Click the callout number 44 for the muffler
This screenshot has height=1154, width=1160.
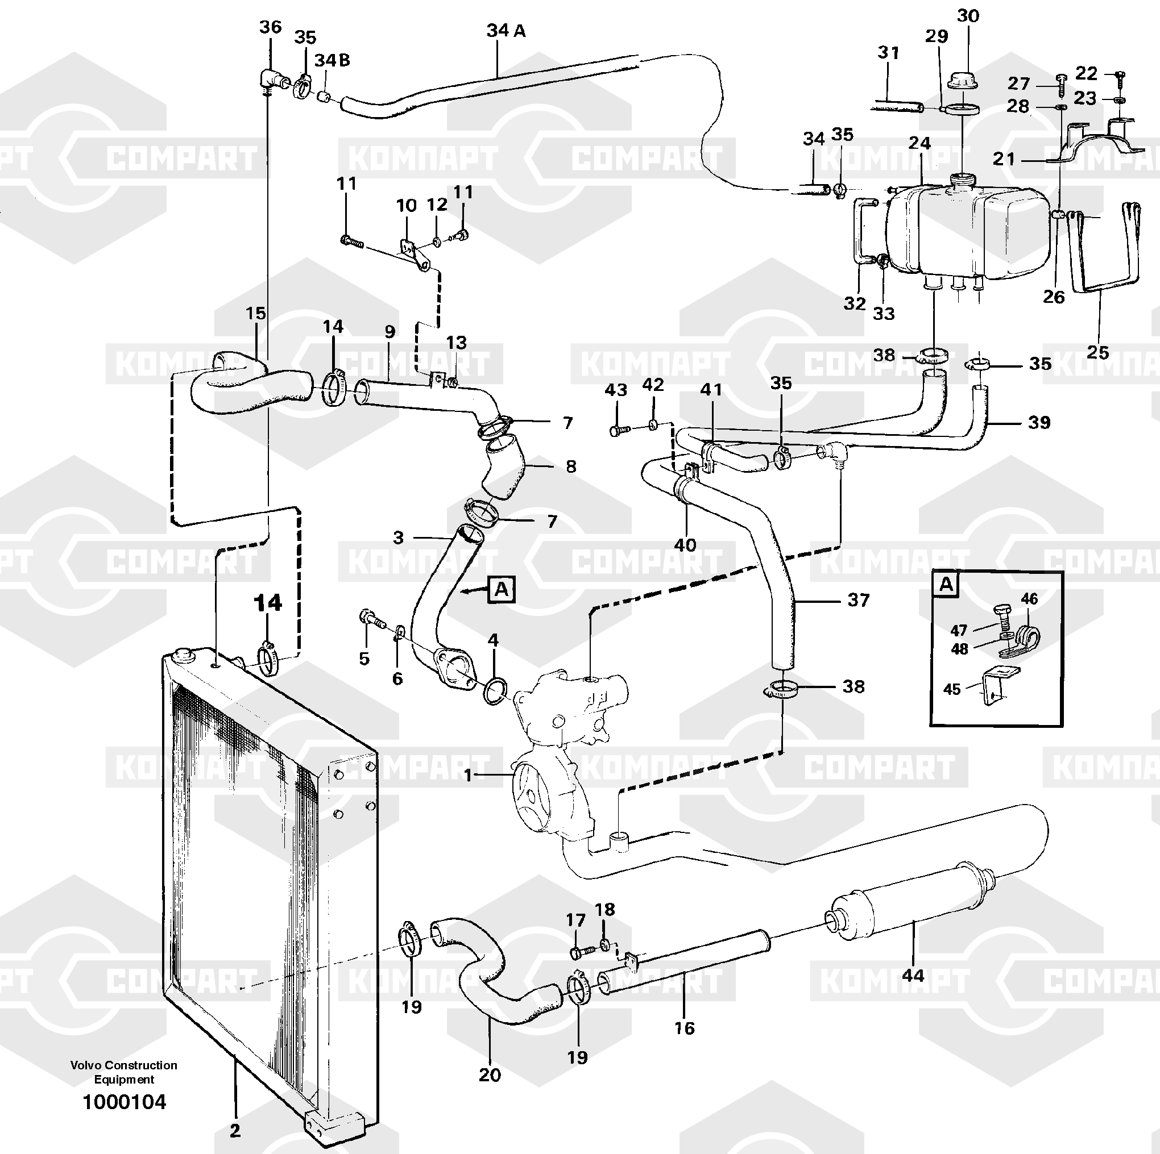913,992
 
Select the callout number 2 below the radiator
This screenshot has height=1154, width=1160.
235,1131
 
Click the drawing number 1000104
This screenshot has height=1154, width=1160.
125,1102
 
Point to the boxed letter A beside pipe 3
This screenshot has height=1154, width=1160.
502,589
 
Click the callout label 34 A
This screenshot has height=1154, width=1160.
506,30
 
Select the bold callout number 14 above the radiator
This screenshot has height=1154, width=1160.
268,602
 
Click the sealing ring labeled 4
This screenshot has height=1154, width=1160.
494,691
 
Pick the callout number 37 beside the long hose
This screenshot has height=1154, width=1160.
858,599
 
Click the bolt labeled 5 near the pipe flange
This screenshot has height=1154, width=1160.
371,618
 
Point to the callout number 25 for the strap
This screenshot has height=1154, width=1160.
1097,352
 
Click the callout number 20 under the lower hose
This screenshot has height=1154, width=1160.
490,1074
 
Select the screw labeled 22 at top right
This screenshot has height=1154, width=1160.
1120,76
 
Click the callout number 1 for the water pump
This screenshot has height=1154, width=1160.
469,776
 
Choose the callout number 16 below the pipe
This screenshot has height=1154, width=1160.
685,1028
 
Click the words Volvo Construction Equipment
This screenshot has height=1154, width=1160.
125,1072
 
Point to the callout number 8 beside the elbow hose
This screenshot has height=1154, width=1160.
571,466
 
